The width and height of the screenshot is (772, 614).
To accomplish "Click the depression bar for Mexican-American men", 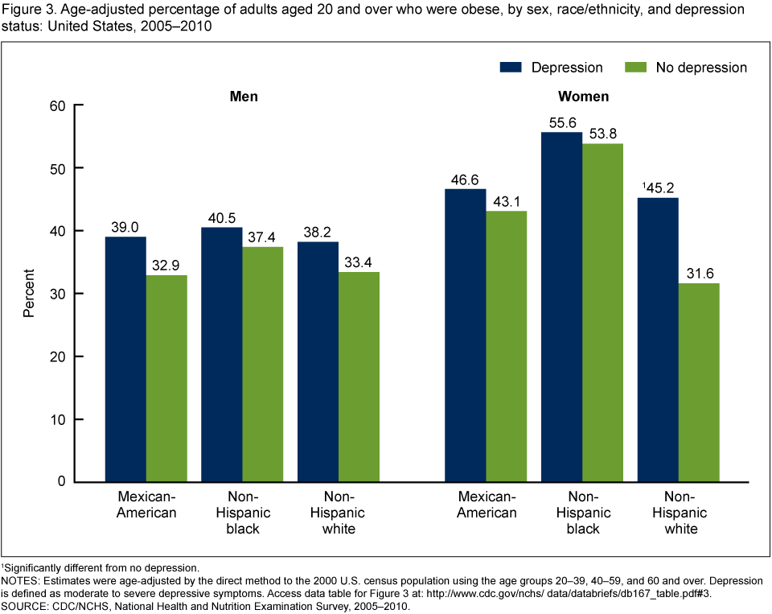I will (x=126, y=359).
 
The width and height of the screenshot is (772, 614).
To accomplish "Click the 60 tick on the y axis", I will (x=57, y=105).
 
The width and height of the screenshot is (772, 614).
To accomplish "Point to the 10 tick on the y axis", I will (x=57, y=419).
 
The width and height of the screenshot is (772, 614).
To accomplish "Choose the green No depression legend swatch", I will (x=636, y=67).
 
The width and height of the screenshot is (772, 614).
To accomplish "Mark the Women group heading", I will (x=583, y=96).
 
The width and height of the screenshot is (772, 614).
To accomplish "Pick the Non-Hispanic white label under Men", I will (x=338, y=513).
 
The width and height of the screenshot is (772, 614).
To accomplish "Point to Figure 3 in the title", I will (x=26, y=10).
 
